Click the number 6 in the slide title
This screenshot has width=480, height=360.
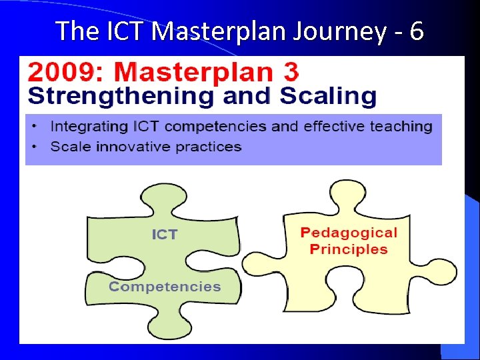[416, 31]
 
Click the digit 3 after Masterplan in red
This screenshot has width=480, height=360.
[289, 72]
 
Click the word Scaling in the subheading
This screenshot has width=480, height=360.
[328, 96]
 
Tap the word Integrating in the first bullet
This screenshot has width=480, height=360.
[89, 126]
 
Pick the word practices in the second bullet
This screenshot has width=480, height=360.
[208, 147]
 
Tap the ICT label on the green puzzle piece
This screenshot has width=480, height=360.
[165, 235]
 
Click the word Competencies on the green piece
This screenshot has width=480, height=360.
[165, 287]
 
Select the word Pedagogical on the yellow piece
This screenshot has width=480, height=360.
[348, 233]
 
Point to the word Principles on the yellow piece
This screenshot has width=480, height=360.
[348, 249]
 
